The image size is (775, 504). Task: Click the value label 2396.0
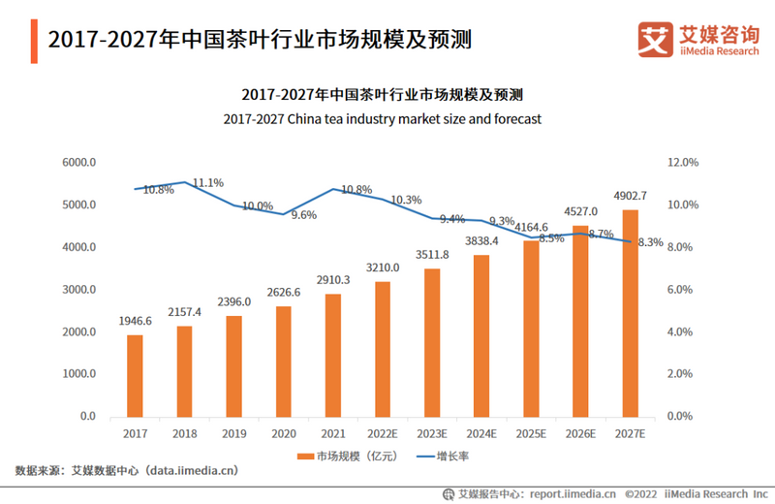(233, 301)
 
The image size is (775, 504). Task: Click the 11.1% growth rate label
(208, 182)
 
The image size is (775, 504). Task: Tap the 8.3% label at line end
(649, 242)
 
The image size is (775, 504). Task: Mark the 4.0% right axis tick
(684, 331)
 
